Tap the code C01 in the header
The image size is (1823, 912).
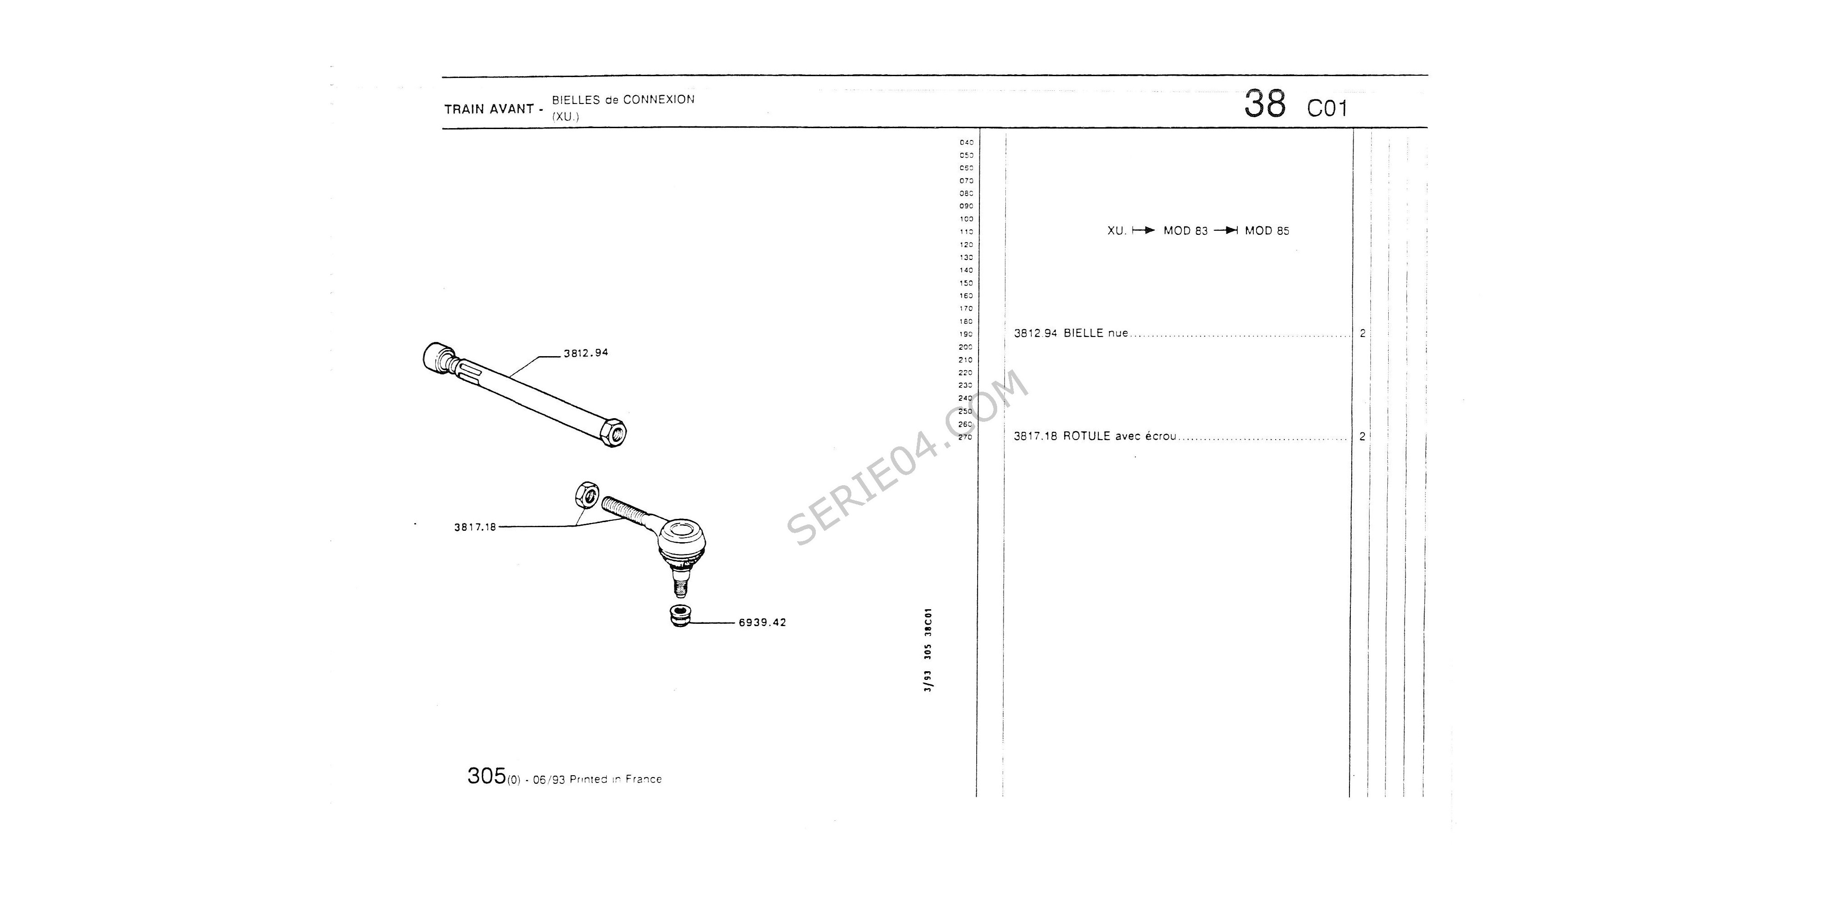click(x=1327, y=109)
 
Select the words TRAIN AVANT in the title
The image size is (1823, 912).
click(x=488, y=109)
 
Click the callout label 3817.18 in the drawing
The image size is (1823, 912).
click(x=475, y=527)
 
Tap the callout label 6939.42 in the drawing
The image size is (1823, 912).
click(x=762, y=622)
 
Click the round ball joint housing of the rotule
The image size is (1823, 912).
click(x=683, y=539)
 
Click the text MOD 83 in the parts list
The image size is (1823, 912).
click(x=1185, y=231)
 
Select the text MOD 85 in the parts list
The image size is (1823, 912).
click(x=1267, y=231)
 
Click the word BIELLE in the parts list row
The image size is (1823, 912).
click(x=1083, y=333)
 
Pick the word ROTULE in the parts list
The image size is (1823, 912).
click(x=1087, y=436)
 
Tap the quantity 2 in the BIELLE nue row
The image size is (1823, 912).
click(x=1362, y=333)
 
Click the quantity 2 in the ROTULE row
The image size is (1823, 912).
click(x=1362, y=436)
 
